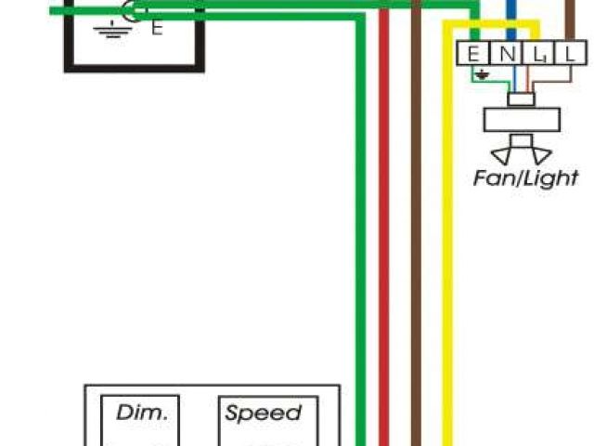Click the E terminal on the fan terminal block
tap(473, 55)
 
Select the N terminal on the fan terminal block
tap(506, 55)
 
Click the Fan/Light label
tap(525, 177)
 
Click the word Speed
tap(264, 413)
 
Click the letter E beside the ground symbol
tap(156, 28)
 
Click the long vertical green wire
tap(359, 232)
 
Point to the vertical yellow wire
tap(447, 232)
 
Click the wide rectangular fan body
tap(523, 120)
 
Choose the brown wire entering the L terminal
tap(569, 19)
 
